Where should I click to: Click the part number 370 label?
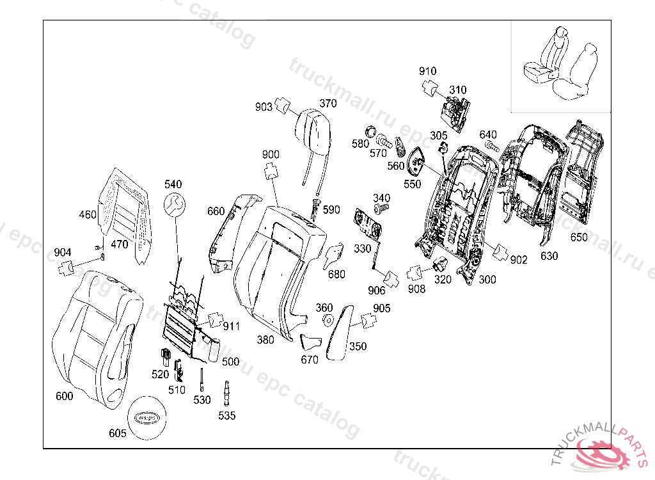(x=328, y=104)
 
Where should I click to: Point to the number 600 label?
(x=64, y=396)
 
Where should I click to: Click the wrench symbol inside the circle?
(x=173, y=205)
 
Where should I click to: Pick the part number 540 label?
(x=173, y=184)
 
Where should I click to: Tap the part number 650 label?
(x=578, y=237)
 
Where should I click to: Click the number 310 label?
(x=458, y=90)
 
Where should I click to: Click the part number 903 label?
(x=264, y=107)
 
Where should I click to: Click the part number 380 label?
(x=265, y=340)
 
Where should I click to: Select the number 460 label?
(x=87, y=214)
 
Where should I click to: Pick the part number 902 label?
(x=519, y=260)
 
